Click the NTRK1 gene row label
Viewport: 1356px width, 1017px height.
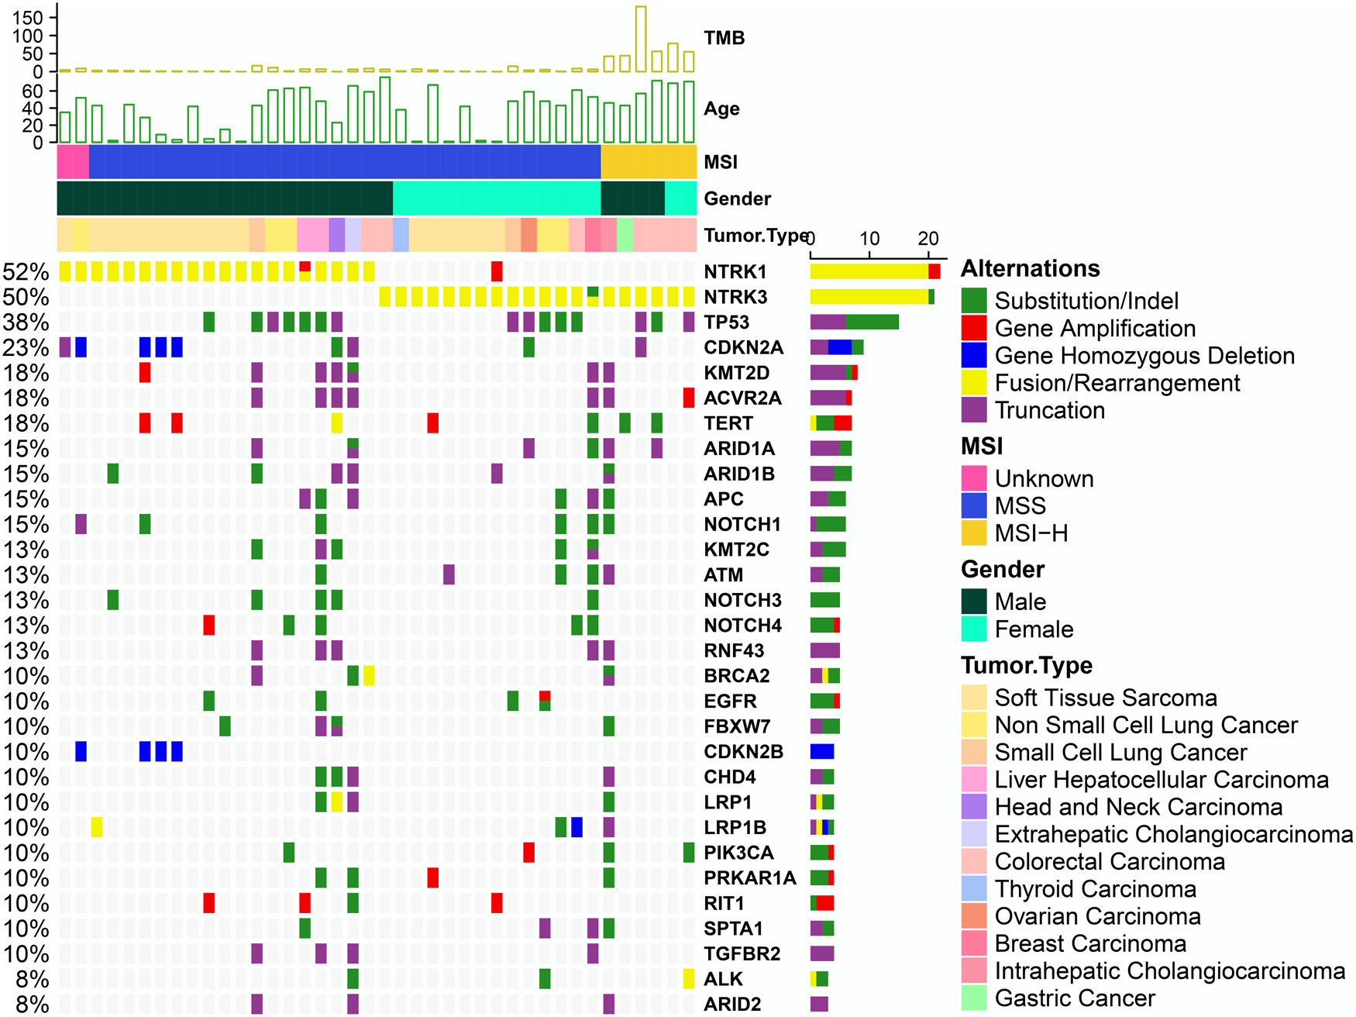coord(735,272)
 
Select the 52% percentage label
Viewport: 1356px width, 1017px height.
coord(26,272)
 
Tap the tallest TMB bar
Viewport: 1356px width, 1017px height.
coord(641,39)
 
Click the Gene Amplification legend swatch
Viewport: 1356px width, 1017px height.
coord(973,329)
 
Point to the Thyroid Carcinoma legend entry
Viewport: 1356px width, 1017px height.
coord(1095,889)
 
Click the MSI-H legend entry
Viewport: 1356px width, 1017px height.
coord(1031,533)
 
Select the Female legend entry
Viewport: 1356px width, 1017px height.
coord(1034,629)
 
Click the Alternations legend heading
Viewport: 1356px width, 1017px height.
coord(1030,269)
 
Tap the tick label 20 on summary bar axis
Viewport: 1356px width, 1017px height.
coord(928,238)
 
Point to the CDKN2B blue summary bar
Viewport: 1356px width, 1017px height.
coord(821,751)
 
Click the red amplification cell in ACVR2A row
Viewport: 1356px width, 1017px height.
coord(689,398)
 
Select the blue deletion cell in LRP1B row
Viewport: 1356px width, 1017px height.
coord(576,827)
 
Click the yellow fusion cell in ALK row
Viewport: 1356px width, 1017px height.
coord(689,978)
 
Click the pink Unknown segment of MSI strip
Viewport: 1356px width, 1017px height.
coord(73,162)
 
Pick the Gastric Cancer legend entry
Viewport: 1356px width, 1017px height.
coord(1074,998)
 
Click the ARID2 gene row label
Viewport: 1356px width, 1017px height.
coord(732,1004)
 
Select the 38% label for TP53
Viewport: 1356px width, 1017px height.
coord(26,322)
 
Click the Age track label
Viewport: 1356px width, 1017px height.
coord(721,109)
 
